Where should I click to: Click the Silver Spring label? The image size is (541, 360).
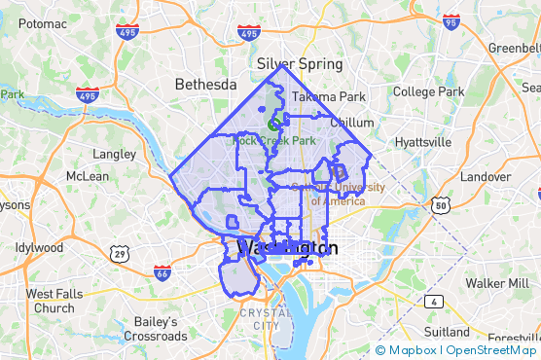(x=301, y=64)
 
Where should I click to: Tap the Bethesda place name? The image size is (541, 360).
(x=205, y=85)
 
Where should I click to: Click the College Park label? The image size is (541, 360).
(x=429, y=91)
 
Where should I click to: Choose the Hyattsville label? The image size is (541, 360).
(x=423, y=142)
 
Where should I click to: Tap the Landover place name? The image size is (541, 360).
(x=485, y=177)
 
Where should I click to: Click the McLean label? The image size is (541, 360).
(x=88, y=176)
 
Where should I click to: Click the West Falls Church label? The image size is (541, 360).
(x=54, y=301)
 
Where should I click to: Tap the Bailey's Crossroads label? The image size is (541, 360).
(x=149, y=328)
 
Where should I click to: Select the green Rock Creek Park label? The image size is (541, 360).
(x=274, y=141)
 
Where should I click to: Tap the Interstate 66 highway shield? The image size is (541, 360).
(x=162, y=273)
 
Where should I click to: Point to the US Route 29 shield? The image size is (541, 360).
(x=119, y=253)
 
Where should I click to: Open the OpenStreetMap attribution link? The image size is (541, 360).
(x=490, y=350)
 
